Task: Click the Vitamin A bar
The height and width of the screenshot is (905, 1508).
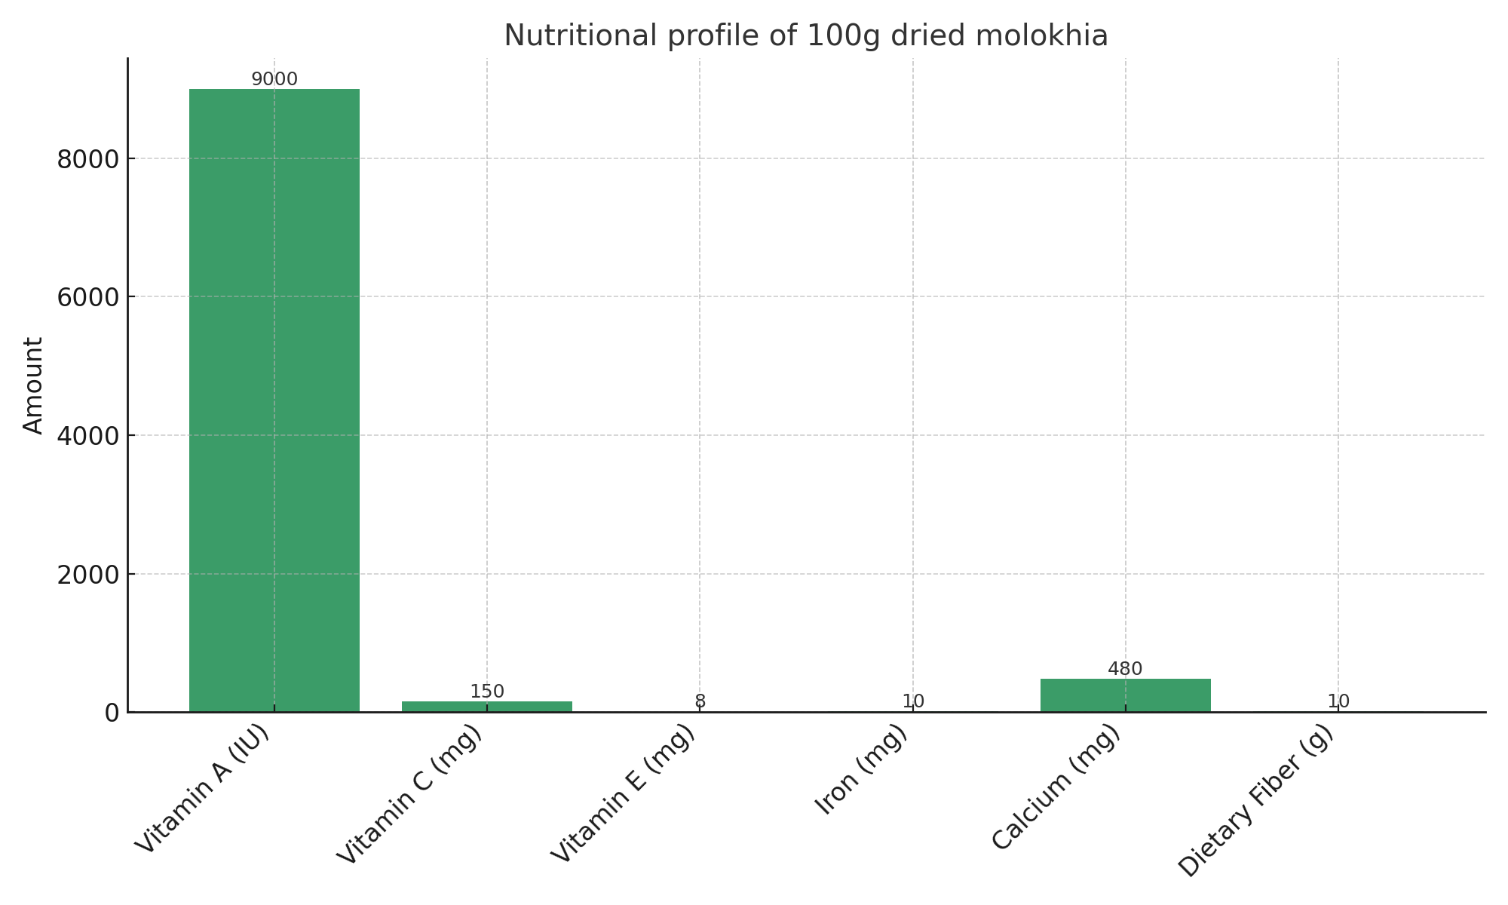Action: coord(274,400)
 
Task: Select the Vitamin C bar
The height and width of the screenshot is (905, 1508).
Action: coord(486,707)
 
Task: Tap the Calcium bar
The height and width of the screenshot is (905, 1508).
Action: coord(1125,695)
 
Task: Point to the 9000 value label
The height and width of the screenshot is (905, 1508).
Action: coord(274,79)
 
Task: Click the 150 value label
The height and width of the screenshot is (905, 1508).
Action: coord(487,692)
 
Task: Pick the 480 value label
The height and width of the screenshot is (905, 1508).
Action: coord(1125,669)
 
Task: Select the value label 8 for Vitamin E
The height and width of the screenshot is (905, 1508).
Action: coord(700,701)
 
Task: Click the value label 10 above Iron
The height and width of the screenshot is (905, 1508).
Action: coord(913,701)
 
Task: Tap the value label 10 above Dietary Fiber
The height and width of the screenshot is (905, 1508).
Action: coord(1338,701)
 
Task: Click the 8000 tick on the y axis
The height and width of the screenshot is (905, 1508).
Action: coord(87,159)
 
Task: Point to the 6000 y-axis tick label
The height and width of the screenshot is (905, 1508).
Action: coord(87,297)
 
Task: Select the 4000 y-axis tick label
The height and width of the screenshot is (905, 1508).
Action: coord(87,436)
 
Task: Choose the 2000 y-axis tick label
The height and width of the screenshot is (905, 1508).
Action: coord(87,575)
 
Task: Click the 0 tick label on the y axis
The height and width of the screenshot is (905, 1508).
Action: coord(112,713)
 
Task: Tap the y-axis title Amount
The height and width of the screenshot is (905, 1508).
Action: coord(33,385)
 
